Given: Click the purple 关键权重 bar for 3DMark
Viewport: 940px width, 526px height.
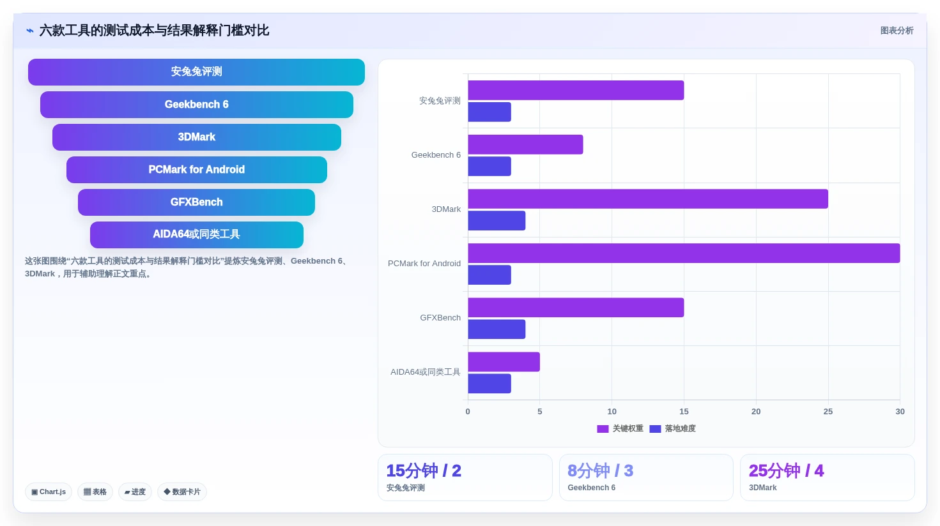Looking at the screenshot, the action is [x=648, y=199].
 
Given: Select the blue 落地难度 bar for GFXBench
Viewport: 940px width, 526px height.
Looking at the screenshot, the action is [x=497, y=329].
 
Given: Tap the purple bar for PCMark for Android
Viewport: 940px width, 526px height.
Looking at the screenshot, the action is [x=684, y=253].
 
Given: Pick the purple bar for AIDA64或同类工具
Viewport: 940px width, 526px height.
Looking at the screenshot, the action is [x=504, y=362].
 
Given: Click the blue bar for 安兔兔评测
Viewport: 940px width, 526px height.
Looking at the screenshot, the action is [x=489, y=112].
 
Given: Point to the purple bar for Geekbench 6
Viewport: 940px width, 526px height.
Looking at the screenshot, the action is [x=525, y=145].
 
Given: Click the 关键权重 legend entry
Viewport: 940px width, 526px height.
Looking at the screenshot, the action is [x=620, y=428].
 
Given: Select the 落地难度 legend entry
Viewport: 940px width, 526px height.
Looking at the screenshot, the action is [x=673, y=428].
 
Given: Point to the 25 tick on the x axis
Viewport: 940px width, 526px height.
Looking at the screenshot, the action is [x=828, y=412].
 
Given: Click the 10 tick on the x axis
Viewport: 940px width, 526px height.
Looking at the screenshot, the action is [x=612, y=412].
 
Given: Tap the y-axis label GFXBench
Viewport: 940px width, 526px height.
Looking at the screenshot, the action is [x=440, y=318].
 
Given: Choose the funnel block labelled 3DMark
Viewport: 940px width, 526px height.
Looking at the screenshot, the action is [x=197, y=137].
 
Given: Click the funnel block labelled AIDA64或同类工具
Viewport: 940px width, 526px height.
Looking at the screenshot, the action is [x=197, y=235].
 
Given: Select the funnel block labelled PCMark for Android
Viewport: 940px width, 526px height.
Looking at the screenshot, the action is [x=197, y=170].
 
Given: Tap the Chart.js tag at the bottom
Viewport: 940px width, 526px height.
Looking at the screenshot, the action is [x=49, y=492].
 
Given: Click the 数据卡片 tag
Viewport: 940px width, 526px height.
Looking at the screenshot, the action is [x=182, y=492].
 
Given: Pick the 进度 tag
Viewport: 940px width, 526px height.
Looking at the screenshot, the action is [x=135, y=492].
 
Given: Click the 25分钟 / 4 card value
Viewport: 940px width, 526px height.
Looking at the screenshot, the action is [x=787, y=470].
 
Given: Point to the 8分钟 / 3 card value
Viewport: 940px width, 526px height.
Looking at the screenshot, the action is [x=601, y=470].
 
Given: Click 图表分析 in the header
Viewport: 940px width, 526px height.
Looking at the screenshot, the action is [x=897, y=31].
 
